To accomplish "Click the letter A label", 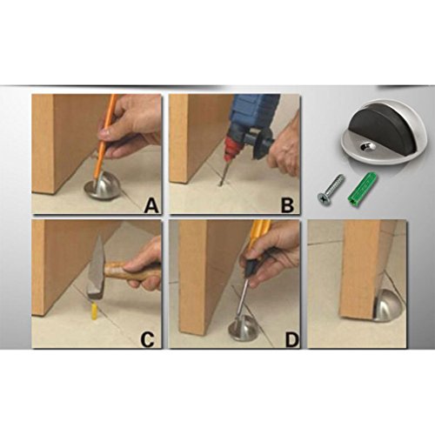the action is tap(151, 205).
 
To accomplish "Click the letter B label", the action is tap(287, 205).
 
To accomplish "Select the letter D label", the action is tap(291, 339).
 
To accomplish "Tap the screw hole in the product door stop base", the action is tap(365, 147).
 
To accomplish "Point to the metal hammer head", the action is tap(97, 271).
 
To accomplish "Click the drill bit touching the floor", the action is tap(223, 172).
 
